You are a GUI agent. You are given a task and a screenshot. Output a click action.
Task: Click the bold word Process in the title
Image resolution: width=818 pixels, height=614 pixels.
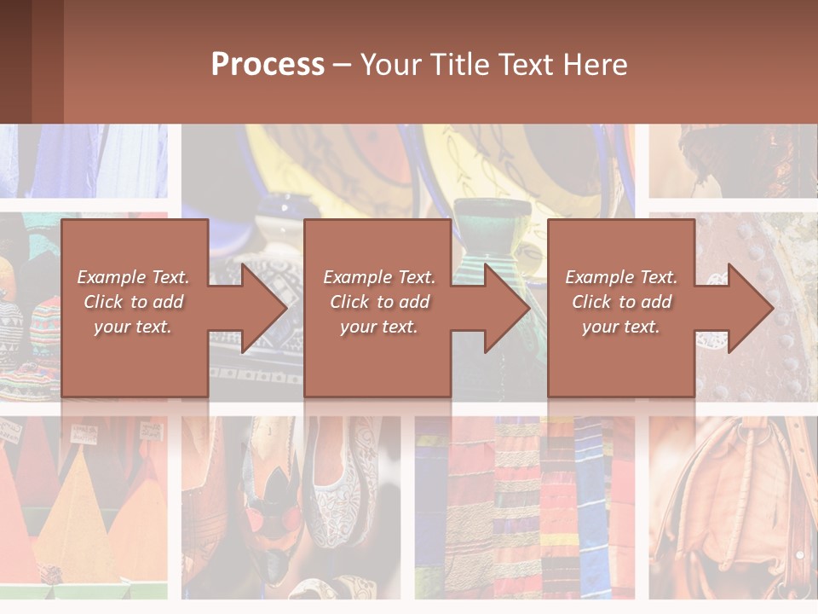pos(268,65)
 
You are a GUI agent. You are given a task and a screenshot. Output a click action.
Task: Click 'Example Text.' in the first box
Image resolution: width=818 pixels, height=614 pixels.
pos(133,277)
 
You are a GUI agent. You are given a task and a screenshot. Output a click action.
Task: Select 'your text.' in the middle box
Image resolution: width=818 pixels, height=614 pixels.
pos(378,327)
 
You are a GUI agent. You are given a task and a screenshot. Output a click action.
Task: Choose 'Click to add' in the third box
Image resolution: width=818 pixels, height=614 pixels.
pos(621,302)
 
